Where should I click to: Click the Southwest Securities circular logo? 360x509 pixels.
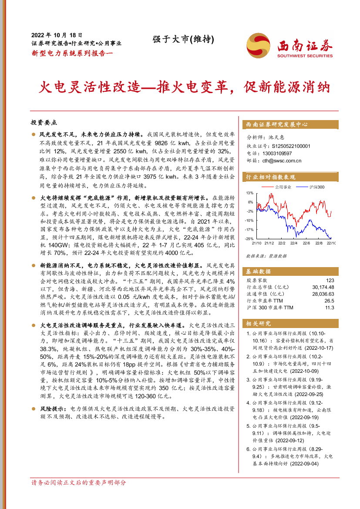pos(259,45)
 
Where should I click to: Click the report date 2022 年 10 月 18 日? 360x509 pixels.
pos(57,35)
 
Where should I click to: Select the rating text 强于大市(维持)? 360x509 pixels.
pos(183,39)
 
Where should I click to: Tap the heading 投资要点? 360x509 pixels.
pos(44,123)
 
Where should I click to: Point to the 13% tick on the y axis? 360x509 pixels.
pos(249,193)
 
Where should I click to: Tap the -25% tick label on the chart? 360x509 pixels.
pos(249,239)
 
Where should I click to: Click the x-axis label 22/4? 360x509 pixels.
pos(294,243)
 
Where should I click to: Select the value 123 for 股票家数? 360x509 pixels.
pos(330,281)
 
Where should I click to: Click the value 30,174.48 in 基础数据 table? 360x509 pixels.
pos(323,288)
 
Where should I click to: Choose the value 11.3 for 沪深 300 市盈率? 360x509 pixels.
pos(330,308)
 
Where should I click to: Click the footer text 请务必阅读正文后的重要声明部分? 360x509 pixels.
pos(78,482)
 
